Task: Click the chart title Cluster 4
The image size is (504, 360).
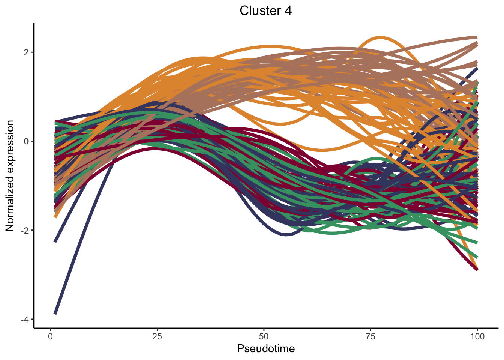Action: pos(265,11)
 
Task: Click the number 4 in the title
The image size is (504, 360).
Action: pos(288,11)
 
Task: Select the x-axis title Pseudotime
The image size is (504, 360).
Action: pos(265,349)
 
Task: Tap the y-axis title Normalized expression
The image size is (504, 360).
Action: pos(10,176)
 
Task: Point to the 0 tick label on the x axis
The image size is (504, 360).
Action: pos(51,336)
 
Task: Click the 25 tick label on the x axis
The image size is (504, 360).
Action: pos(157,336)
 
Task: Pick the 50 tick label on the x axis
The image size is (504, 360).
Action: pos(264,336)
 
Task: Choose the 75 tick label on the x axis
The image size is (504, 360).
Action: pos(370,336)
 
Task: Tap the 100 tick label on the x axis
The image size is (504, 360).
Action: pos(477,336)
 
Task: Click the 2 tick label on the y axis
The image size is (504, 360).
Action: pos(27,52)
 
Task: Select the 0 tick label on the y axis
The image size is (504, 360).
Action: pos(27,141)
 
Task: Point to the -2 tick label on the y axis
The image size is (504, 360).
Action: pos(25,230)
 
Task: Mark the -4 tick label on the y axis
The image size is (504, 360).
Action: pos(25,319)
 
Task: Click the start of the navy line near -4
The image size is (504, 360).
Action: pos(55,313)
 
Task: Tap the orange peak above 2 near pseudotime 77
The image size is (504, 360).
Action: pos(380,37)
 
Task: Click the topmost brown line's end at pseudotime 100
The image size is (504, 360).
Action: pos(477,37)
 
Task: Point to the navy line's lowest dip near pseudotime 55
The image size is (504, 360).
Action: pos(286,235)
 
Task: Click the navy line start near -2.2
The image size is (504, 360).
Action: pos(55,241)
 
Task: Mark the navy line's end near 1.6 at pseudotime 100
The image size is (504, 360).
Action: pos(477,69)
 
